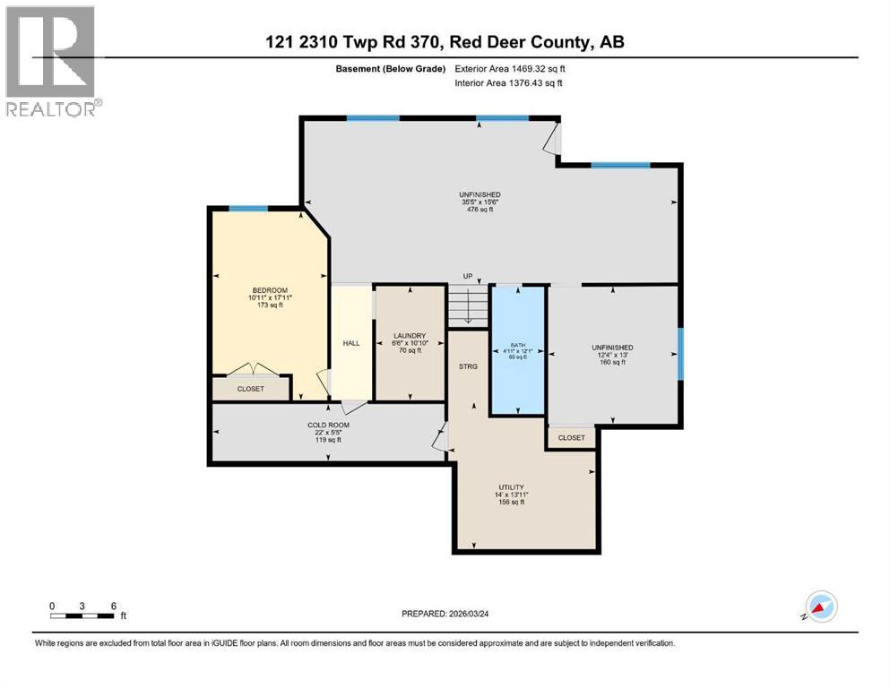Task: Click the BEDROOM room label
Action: [x=269, y=289]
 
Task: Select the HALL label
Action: [x=351, y=343]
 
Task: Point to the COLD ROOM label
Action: [x=327, y=425]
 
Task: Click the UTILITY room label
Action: [x=511, y=487]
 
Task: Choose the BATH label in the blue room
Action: [x=517, y=344]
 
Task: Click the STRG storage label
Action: [x=468, y=366]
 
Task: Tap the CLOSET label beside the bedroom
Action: [x=251, y=390]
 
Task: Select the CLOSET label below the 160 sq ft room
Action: [x=571, y=438]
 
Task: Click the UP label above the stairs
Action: [x=467, y=276]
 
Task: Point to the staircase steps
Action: [x=467, y=306]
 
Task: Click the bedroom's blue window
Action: [x=247, y=209]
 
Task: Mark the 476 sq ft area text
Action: [x=488, y=210]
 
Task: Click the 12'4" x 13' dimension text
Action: [x=612, y=356]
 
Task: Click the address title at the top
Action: [x=445, y=41]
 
